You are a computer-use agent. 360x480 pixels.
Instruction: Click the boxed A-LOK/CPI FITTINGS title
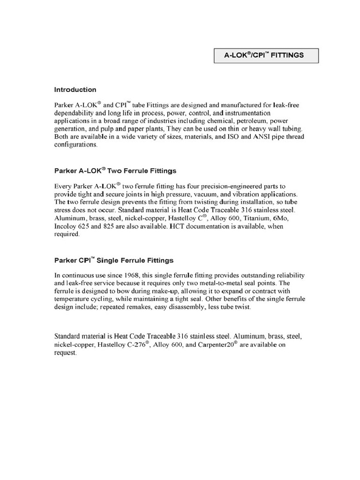[x=265, y=55]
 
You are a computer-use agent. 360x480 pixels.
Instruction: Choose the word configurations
[x=76, y=145]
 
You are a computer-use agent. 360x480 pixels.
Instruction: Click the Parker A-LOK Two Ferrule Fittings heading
[x=115, y=171]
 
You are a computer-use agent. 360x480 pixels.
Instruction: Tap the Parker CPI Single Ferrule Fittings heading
[x=114, y=260]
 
